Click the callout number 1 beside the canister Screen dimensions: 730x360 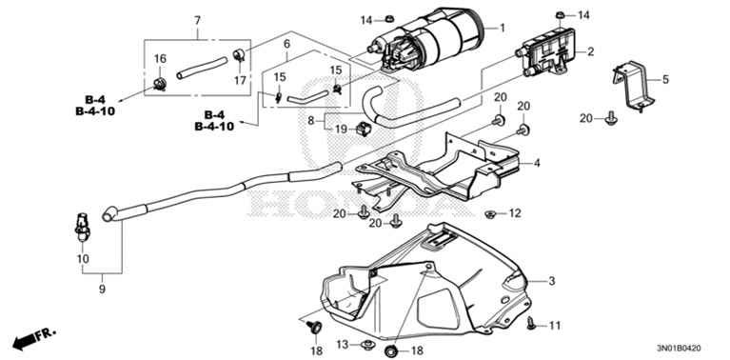point(502,28)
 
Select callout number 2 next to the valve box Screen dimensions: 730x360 point(590,51)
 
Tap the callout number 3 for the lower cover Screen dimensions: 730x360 point(552,281)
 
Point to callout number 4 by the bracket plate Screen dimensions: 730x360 point(537,164)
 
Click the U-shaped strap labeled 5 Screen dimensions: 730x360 point(635,86)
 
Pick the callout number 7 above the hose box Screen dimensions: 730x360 point(197,21)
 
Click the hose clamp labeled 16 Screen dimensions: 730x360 point(160,84)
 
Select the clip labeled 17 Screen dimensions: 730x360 point(239,54)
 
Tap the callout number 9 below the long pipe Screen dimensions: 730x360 point(102,290)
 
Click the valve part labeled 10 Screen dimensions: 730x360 point(82,227)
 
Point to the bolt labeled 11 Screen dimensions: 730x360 point(531,323)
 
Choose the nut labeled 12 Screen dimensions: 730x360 point(489,214)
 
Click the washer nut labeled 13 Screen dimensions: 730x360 point(368,345)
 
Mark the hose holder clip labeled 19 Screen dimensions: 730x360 point(364,128)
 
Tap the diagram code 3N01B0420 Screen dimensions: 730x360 point(679,348)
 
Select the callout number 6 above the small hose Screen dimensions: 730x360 point(286,44)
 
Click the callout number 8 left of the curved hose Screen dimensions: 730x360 point(311,121)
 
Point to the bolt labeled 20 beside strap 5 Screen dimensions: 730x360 point(611,119)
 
